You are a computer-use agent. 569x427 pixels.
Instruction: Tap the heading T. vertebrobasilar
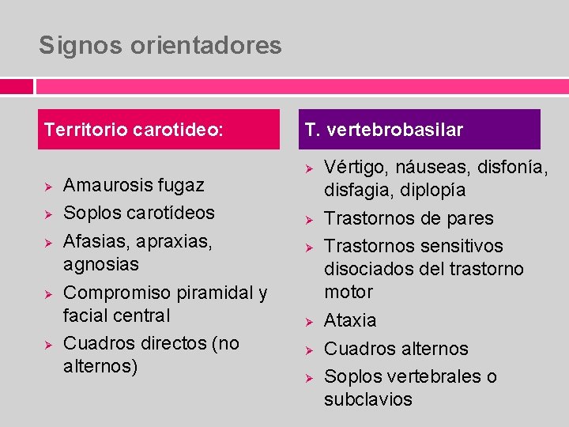pyautogui.click(x=384, y=129)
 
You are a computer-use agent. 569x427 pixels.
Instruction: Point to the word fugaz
pyautogui.click(x=182, y=185)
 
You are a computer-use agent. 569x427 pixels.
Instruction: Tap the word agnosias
pyautogui.click(x=100, y=263)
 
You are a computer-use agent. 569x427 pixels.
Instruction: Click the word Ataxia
pyautogui.click(x=350, y=320)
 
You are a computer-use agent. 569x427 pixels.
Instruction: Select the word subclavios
pyautogui.click(x=368, y=399)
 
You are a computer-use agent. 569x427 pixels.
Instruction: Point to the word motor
pyautogui.click(x=349, y=292)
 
